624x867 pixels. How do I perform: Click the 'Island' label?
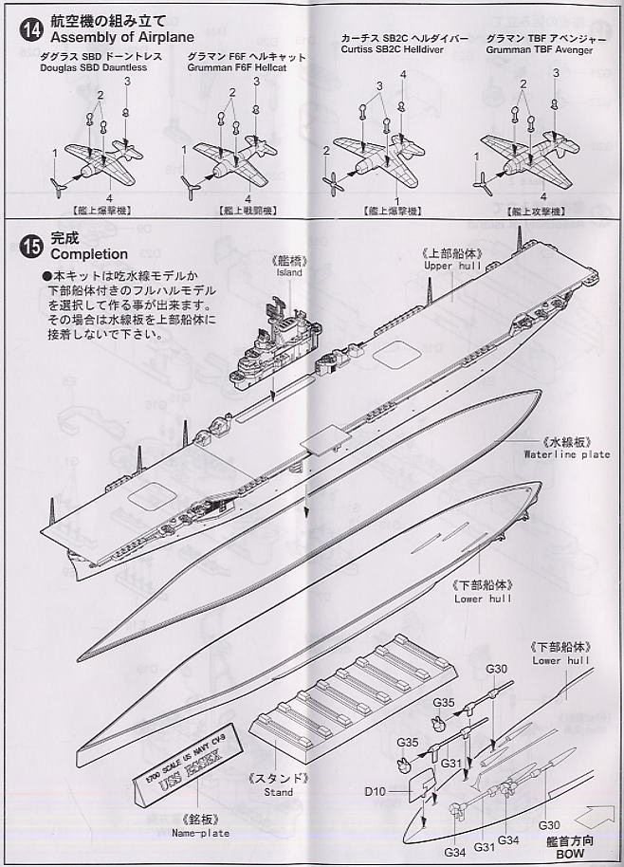coord(290,273)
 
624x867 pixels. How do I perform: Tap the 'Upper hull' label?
coord(452,267)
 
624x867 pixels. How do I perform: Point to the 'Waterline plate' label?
coord(567,453)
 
